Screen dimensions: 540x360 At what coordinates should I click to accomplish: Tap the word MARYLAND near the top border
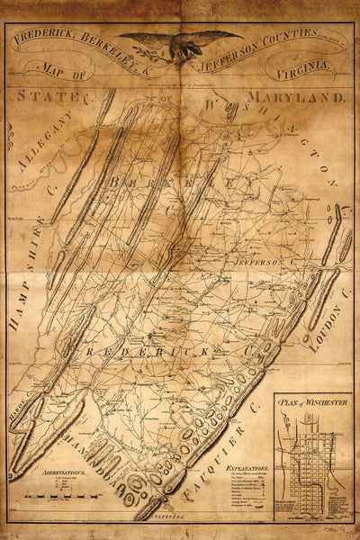301,95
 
